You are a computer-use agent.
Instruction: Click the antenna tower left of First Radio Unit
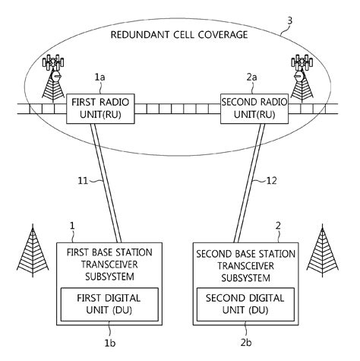[53, 80]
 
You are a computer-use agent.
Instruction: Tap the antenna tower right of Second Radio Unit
[302, 80]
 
